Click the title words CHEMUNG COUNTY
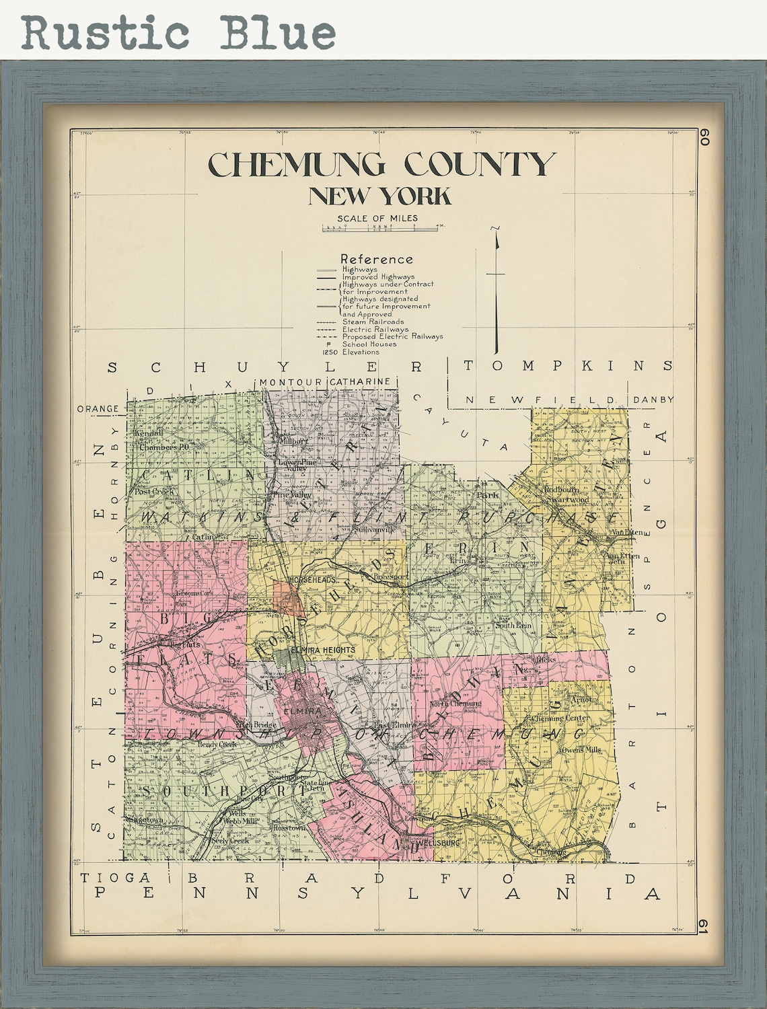[381, 165]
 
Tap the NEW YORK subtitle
[379, 196]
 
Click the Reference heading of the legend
[377, 259]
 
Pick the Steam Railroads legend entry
[373, 322]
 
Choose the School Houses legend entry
[369, 344]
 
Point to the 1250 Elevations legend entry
[351, 352]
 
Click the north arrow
[497, 289]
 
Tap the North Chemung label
[455, 704]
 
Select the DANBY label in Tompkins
[653, 400]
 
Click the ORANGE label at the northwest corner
[98, 408]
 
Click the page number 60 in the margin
[704, 137]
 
